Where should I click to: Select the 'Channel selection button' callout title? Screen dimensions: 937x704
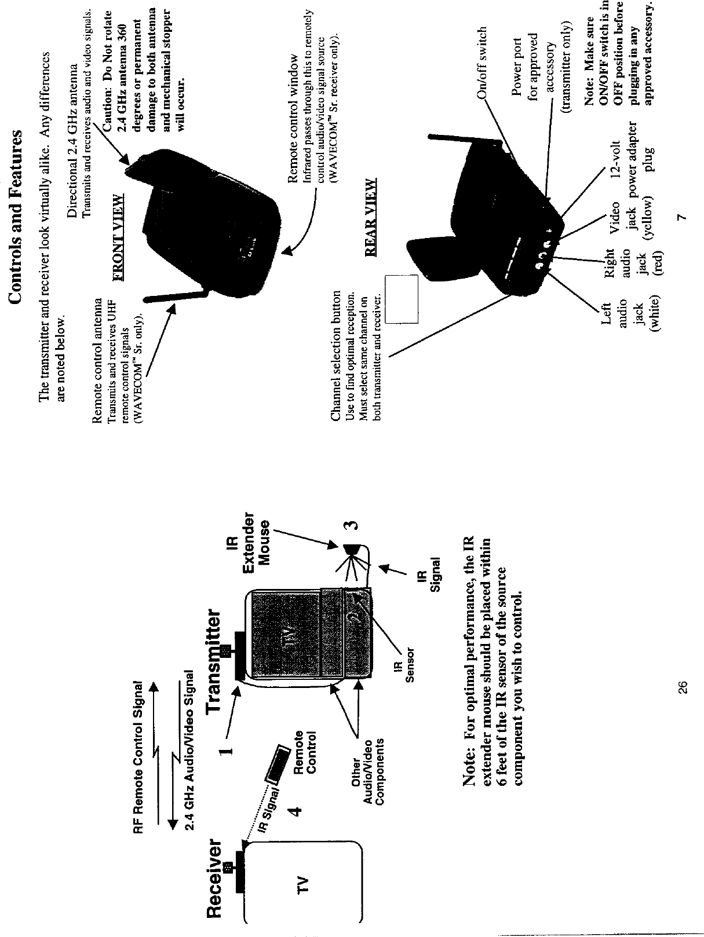[335, 355]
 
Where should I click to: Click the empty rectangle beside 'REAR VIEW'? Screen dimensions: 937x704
[402, 299]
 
